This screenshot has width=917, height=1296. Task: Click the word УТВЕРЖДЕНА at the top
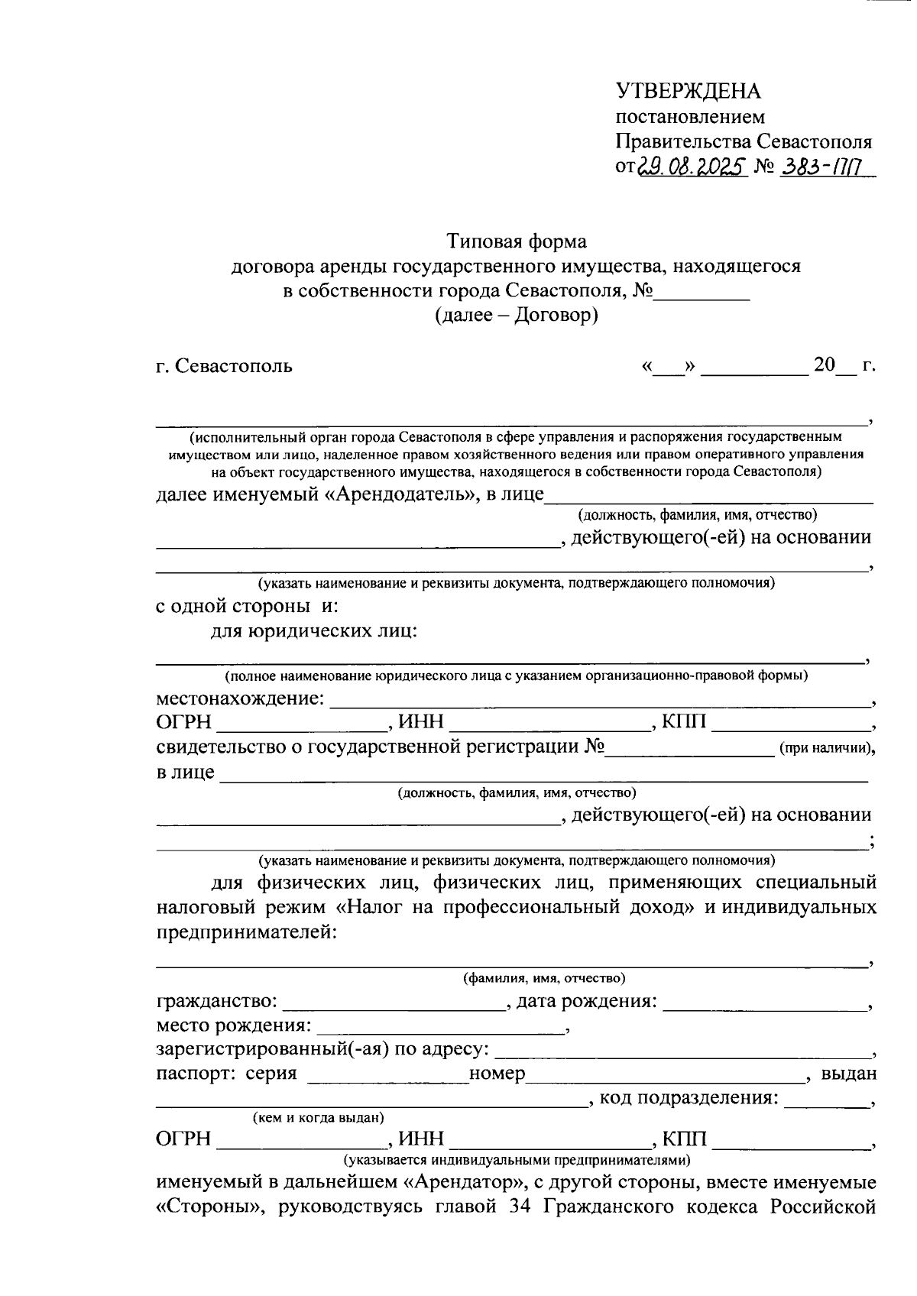[688, 92]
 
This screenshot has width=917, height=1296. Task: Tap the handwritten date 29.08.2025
[691, 167]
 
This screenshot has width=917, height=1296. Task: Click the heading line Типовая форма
[517, 241]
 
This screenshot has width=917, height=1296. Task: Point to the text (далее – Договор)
[517, 314]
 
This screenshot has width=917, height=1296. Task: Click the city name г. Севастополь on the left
[224, 365]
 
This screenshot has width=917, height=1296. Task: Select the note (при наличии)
[825, 749]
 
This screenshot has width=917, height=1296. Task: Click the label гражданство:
[217, 1001]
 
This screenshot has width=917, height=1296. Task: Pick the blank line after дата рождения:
[764, 1003]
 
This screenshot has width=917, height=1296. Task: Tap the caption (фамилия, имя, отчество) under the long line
[544, 978]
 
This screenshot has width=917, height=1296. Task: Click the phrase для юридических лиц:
[314, 631]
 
